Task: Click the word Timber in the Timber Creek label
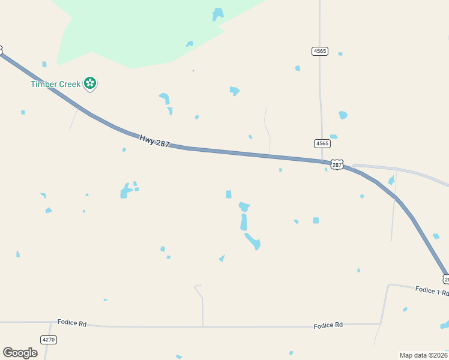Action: pyautogui.click(x=44, y=84)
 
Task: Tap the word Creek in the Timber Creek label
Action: pyautogui.click(x=70, y=84)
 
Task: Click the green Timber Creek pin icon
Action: pyautogui.click(x=90, y=83)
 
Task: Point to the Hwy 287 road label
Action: pyautogui.click(x=155, y=141)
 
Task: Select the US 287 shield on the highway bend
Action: pyautogui.click(x=337, y=164)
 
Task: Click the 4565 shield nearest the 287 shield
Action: pyautogui.click(x=322, y=143)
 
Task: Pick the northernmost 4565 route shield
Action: pyautogui.click(x=319, y=51)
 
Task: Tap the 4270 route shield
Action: pyautogui.click(x=49, y=340)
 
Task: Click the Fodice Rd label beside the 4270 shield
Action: pyautogui.click(x=72, y=323)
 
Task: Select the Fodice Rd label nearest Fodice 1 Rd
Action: pyautogui.click(x=328, y=325)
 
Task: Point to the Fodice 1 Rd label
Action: pyautogui.click(x=432, y=290)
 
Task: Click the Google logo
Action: pyautogui.click(x=20, y=353)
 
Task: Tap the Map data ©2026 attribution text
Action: pyautogui.click(x=423, y=355)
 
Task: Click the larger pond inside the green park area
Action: pyautogui.click(x=218, y=14)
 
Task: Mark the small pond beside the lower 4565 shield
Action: pyautogui.click(x=333, y=137)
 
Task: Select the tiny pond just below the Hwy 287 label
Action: pyautogui.click(x=124, y=149)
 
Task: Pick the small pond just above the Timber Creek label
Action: pyautogui.click(x=44, y=64)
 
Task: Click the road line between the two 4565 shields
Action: pyautogui.click(x=320, y=96)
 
